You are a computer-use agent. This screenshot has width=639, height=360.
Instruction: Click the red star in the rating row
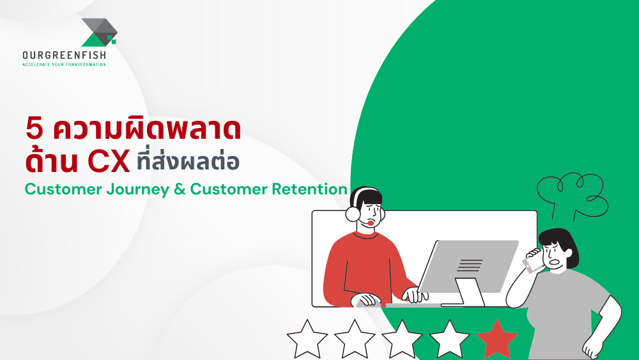[x=497, y=339]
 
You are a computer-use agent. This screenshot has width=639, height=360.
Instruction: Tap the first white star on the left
[x=307, y=339]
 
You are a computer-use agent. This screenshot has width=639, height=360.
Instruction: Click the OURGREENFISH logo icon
[x=100, y=32]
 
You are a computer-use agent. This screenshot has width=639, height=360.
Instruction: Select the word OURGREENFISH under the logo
[x=65, y=55]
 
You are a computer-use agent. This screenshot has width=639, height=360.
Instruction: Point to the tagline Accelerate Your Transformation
[x=65, y=65]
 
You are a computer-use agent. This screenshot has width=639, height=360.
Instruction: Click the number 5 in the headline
[x=35, y=129]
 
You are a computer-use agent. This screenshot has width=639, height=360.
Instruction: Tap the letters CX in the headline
[x=109, y=161]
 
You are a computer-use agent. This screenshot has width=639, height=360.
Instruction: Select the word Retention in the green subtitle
[x=309, y=189]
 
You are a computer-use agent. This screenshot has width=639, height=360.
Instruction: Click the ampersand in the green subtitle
[x=180, y=189]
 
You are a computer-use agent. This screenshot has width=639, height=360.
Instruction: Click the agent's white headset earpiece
[x=353, y=213]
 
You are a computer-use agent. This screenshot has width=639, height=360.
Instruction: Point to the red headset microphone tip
[x=371, y=223]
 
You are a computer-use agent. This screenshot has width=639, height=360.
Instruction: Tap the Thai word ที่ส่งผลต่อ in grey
[x=188, y=161]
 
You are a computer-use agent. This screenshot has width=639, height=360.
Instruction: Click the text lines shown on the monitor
[x=470, y=265]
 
